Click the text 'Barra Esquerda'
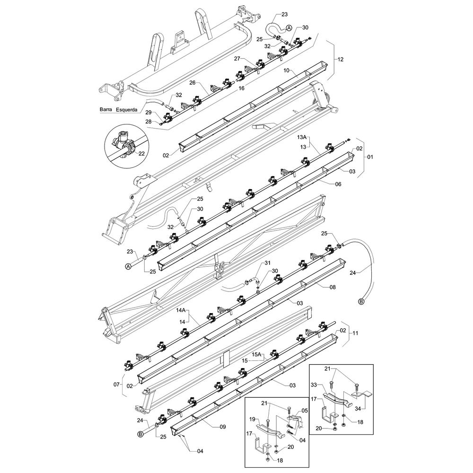point(118,109)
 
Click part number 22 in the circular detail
point(141,154)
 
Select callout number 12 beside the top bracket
point(340,60)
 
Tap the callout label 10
point(286,70)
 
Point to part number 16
point(241,88)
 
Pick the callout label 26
point(193,82)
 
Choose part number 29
point(149,113)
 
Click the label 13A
point(302,137)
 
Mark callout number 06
point(338,184)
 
